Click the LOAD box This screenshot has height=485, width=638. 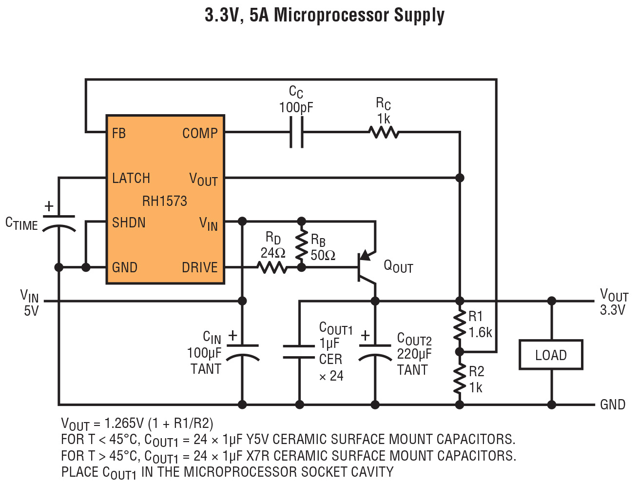point(551,355)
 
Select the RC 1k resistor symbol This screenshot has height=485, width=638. point(384,132)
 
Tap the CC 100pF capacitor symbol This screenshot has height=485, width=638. point(296,132)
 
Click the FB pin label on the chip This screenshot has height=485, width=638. point(119,133)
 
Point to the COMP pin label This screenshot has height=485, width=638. point(200,133)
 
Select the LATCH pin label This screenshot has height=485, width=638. point(131,178)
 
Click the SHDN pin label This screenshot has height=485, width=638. point(129,222)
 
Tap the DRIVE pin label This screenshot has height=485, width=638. point(200,267)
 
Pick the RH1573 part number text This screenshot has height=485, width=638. point(165,201)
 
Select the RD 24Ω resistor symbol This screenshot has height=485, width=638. point(272,267)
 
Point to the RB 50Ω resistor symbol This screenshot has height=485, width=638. point(302,244)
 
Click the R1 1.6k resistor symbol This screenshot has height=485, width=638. point(460,326)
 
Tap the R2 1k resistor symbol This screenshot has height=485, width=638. point(460,379)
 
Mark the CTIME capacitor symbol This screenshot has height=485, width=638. point(59,222)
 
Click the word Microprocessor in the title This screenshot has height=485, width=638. point(331,15)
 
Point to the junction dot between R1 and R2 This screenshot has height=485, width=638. point(460,351)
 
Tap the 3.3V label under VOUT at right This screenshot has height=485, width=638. point(613,310)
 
